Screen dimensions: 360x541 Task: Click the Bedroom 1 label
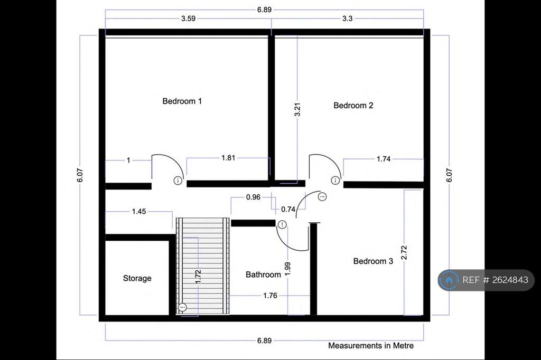(x=182, y=101)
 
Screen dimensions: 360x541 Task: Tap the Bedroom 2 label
(x=353, y=105)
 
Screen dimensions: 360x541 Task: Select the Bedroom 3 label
(x=373, y=261)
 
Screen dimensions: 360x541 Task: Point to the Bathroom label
(x=263, y=274)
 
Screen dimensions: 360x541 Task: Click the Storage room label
(x=137, y=278)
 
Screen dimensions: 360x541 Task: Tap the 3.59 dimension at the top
(x=189, y=18)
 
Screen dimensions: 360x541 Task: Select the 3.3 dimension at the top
(x=347, y=18)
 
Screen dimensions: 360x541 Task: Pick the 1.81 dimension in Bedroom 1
(x=228, y=158)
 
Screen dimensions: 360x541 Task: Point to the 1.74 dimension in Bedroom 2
(x=384, y=158)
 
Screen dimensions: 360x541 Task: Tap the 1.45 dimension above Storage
(x=139, y=211)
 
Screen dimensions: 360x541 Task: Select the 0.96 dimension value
(x=253, y=197)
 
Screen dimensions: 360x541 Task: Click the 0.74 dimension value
(x=288, y=209)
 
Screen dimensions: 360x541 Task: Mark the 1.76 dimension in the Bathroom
(x=270, y=296)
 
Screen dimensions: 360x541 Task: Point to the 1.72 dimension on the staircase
(x=198, y=277)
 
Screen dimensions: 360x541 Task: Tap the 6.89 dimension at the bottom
(x=264, y=340)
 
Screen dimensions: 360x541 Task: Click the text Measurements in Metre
(x=370, y=346)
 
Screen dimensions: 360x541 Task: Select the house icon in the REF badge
(x=450, y=280)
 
